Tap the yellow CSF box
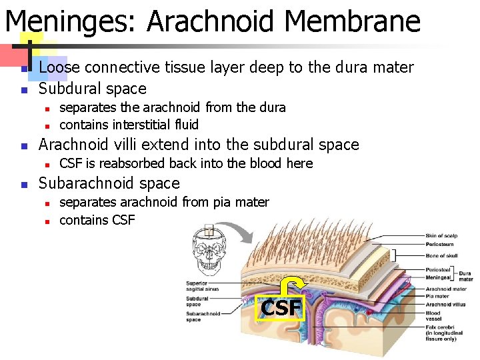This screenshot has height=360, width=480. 281,308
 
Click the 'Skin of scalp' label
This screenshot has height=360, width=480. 441,235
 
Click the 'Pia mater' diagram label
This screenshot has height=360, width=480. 437,296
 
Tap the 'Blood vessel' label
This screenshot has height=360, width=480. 433,315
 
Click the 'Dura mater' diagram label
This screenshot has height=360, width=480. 465,276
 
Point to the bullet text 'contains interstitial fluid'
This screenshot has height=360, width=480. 129,125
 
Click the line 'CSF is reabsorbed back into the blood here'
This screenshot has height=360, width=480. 186,163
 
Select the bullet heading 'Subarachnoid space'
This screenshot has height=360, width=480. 109,183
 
